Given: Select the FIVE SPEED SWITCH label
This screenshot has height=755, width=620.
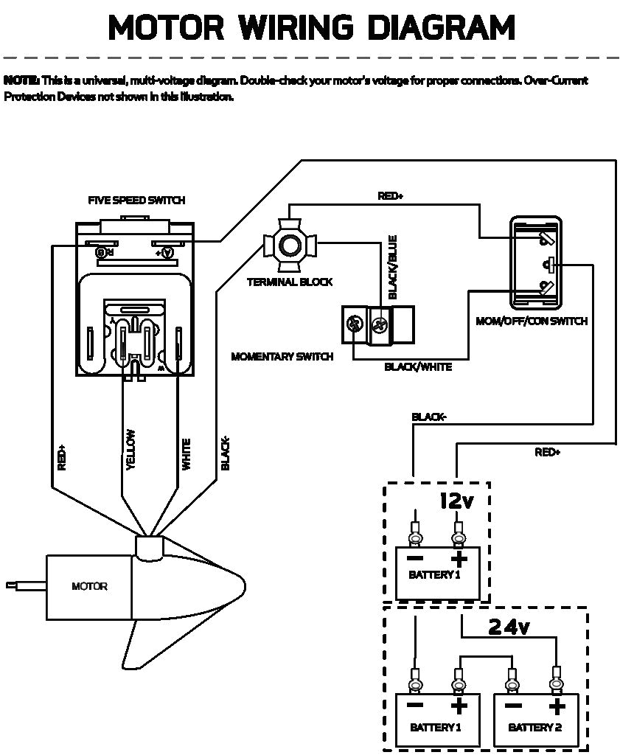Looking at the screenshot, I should [136, 200].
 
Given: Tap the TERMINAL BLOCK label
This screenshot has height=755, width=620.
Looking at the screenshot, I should [290, 282].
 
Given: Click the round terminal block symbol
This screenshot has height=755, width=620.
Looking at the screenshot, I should [289, 246].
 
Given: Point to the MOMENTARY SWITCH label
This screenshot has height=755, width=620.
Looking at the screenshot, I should [282, 356].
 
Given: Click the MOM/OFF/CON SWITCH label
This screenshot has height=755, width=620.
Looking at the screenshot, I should [542, 321].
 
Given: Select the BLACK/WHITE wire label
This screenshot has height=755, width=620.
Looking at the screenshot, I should [418, 366].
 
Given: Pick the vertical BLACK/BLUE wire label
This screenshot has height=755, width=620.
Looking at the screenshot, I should [392, 267].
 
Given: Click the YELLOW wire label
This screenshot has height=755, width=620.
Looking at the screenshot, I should [130, 449].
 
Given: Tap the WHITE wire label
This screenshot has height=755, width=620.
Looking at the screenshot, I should [186, 454].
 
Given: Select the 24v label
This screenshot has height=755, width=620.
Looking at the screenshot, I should [509, 627].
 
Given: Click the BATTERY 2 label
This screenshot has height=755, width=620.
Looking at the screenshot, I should [534, 728].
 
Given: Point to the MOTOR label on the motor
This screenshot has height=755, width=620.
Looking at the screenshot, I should [89, 586].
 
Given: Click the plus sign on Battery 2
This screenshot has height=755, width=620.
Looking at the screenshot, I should [557, 706].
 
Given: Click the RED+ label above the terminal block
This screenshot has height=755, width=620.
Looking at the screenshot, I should [391, 196].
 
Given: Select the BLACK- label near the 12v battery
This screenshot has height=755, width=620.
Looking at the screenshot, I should [428, 417].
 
